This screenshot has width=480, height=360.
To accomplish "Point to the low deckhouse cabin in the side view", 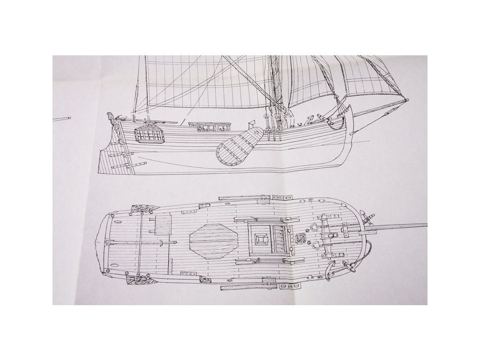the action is pyautogui.click(x=210, y=127).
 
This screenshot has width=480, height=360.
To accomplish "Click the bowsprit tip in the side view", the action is pyautogui.click(x=406, y=100).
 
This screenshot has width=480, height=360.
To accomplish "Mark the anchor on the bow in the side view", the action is pyautogui.click(x=338, y=123).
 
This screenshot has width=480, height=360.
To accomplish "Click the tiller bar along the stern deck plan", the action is pyautogui.click(x=141, y=242).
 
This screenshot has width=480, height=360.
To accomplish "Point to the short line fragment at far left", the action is pyautogui.click(x=61, y=120).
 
